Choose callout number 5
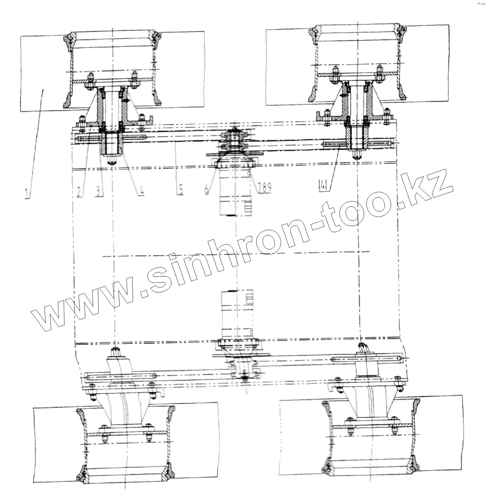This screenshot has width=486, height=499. pyautogui.click(x=181, y=190)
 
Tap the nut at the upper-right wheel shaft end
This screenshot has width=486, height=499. pyautogui.click(x=357, y=156)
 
